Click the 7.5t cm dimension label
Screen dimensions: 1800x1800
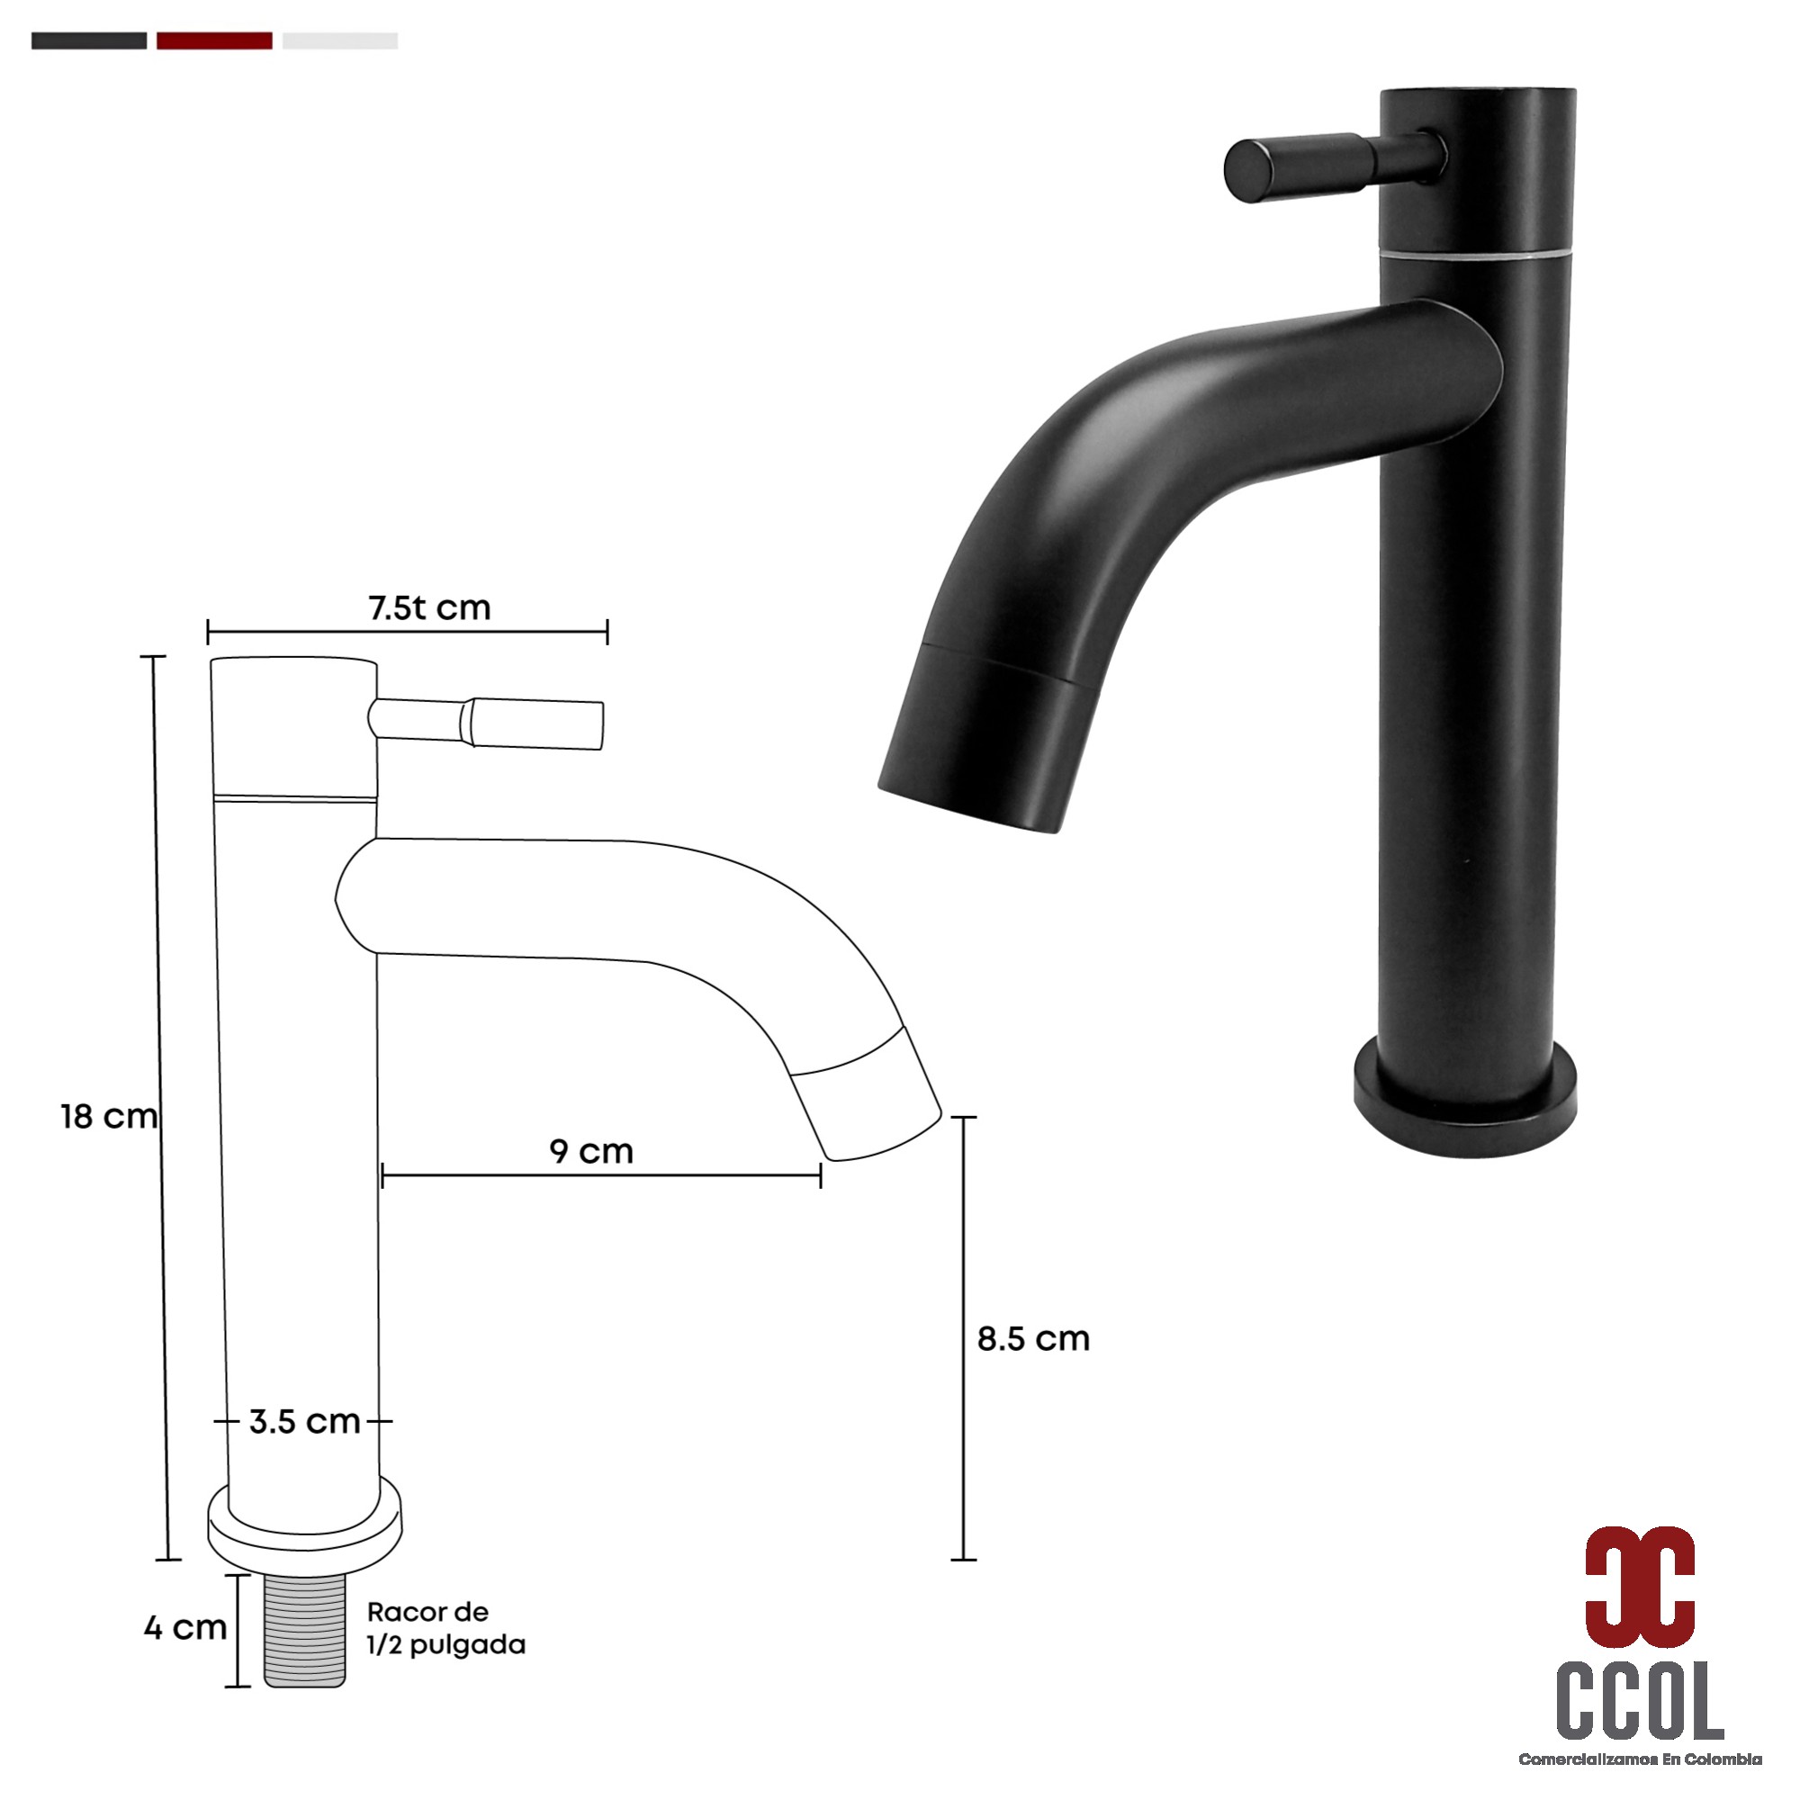coord(429,608)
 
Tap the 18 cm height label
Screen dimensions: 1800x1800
coord(109,1117)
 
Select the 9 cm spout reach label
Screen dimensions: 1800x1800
coord(591,1152)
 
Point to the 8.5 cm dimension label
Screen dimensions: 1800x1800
coord(1033,1339)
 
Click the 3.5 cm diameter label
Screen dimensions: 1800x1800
coord(305,1422)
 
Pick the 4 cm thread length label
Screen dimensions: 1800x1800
coord(185,1627)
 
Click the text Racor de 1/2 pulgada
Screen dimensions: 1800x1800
coord(445,1629)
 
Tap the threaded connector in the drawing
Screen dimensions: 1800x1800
coord(305,1631)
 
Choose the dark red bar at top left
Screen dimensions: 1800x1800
coord(214,41)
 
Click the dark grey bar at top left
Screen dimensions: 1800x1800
coord(88,41)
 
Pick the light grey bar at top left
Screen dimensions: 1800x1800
coord(340,41)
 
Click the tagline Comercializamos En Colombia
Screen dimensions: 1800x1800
coord(1640,1759)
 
